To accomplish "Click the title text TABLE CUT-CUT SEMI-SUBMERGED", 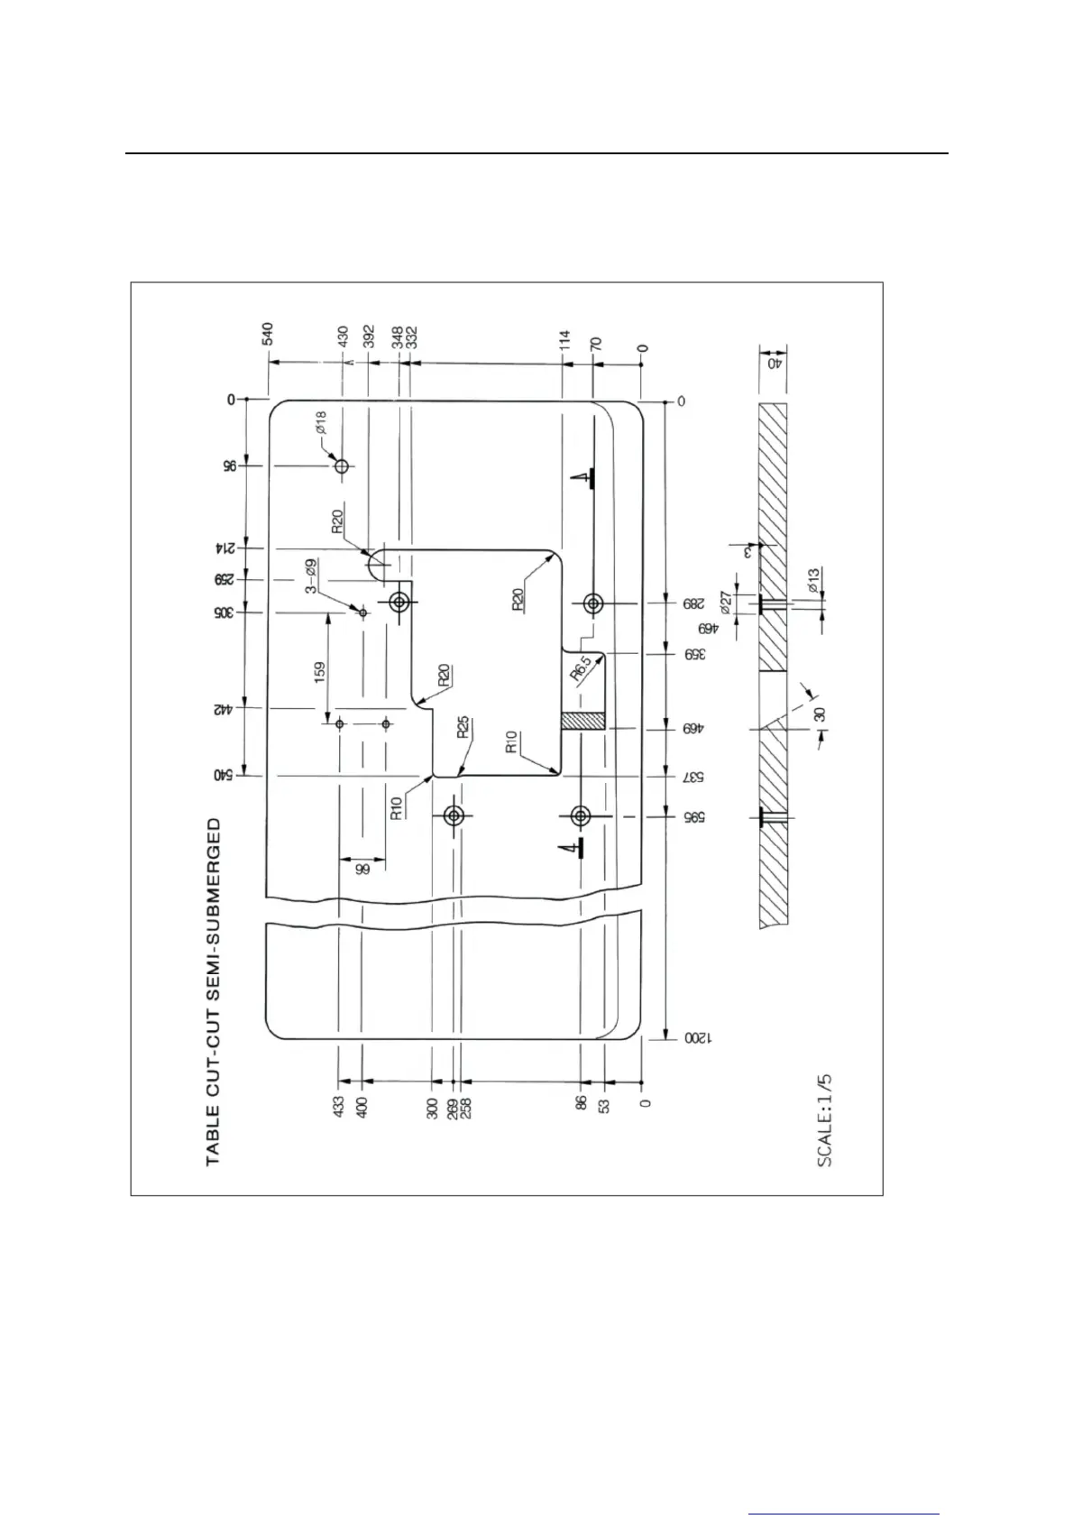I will pyautogui.click(x=214, y=992).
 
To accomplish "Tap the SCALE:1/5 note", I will pyautogui.click(x=824, y=1120).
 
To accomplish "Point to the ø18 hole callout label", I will pyautogui.click(x=321, y=423).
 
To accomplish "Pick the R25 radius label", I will pyautogui.click(x=463, y=728).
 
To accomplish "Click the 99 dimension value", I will pyautogui.click(x=362, y=870).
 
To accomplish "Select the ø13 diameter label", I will pyautogui.click(x=813, y=580).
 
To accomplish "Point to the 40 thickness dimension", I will pyautogui.click(x=773, y=364).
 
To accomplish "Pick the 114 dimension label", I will pyautogui.click(x=564, y=340).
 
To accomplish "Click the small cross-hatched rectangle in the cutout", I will pyautogui.click(x=582, y=722).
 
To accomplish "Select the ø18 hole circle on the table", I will pyautogui.click(x=342, y=466).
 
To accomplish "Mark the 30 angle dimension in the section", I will pyautogui.click(x=819, y=715).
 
